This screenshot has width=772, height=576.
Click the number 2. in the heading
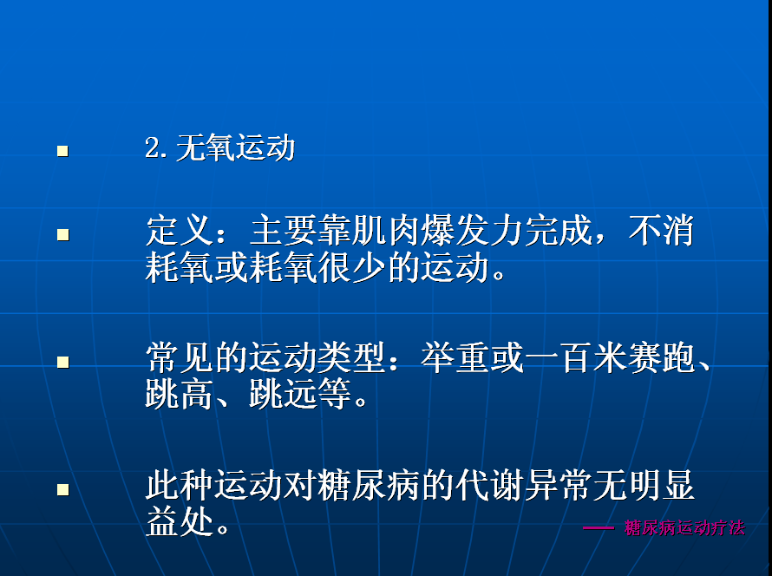[x=156, y=147]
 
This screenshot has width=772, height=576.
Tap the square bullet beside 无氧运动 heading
[x=63, y=151]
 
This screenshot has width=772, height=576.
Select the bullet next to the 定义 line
[x=63, y=235]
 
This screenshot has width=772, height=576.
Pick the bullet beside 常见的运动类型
[x=63, y=363]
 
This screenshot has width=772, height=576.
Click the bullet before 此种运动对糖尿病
[x=63, y=490]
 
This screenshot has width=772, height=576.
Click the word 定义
[x=180, y=231]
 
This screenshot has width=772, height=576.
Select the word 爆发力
[x=472, y=231]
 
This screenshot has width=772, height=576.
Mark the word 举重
[x=455, y=358]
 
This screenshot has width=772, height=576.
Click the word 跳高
[x=180, y=395]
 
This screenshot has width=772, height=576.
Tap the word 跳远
[x=283, y=395]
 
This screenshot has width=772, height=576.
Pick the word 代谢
[x=489, y=486]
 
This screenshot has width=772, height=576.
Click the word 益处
[x=180, y=522]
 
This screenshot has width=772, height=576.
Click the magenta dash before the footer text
[x=599, y=528]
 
